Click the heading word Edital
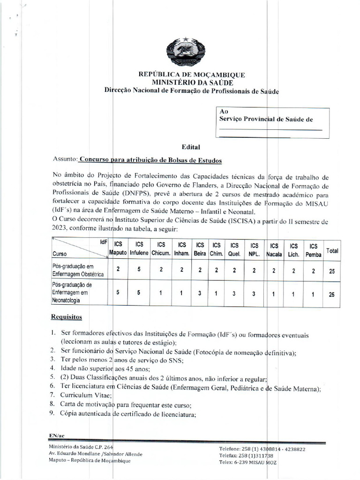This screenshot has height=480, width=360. click(191, 147)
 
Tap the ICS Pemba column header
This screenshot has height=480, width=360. click(313, 250)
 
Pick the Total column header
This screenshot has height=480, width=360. click(332, 251)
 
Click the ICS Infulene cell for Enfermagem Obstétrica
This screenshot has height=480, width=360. click(139, 269)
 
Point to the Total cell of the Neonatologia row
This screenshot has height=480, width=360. click(332, 294)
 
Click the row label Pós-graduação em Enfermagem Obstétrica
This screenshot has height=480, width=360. click(75, 270)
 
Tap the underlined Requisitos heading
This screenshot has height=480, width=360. click(66, 317)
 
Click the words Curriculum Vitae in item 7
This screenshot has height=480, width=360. click(79, 396)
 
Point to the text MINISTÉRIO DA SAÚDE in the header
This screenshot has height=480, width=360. click(191, 82)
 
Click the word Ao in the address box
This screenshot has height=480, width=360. click(224, 111)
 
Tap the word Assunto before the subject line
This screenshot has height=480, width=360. click(65, 160)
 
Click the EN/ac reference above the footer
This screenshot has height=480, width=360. click(56, 436)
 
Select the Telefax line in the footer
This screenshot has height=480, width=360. click(246, 456)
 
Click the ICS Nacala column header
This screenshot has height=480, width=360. click(274, 250)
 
